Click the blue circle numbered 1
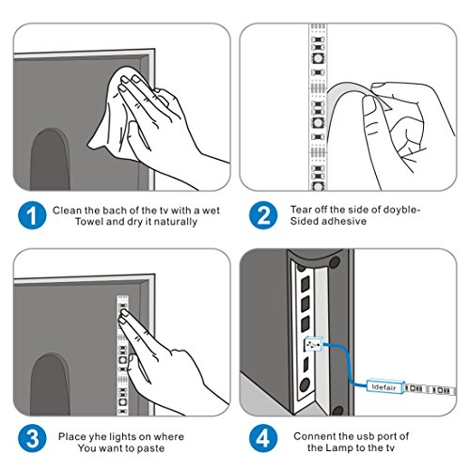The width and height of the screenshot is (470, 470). (32, 215)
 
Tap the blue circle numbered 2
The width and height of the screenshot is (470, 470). (263, 215)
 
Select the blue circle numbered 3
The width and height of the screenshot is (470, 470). (32, 438)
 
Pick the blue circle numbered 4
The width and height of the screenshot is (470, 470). (263, 438)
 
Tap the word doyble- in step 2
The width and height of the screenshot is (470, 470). (402, 210)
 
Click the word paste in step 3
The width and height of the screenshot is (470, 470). (152, 448)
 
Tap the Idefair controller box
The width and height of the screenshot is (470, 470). (385, 386)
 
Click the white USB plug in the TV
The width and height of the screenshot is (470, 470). (313, 344)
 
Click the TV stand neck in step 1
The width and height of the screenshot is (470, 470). (50, 159)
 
